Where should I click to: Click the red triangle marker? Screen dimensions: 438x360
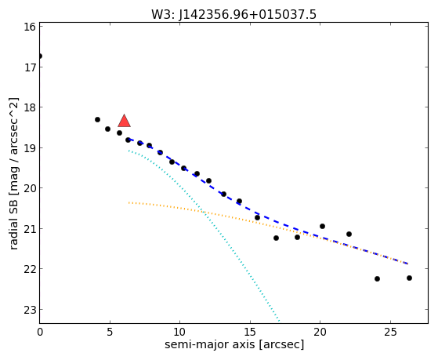point(125,122)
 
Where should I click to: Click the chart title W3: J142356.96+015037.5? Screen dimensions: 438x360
point(233,14)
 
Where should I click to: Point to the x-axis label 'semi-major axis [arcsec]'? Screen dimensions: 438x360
point(234,344)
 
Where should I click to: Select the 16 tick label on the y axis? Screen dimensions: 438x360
point(30,27)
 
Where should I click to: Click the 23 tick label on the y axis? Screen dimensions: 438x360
point(30,310)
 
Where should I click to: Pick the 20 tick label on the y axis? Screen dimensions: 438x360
point(30,188)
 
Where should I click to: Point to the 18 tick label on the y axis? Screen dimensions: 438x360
point(30,107)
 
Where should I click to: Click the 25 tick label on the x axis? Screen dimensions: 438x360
point(390,332)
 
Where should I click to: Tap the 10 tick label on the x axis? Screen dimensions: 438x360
point(179,332)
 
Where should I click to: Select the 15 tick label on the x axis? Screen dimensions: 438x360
point(250,332)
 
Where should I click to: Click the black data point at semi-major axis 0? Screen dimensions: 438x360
point(40,56)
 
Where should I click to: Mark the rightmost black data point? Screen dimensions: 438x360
point(410,278)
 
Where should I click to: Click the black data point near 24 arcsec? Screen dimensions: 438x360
point(377,279)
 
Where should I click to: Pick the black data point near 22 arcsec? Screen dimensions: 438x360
point(349,235)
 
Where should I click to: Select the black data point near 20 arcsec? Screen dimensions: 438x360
point(322,227)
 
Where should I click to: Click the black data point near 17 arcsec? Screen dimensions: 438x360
point(277,238)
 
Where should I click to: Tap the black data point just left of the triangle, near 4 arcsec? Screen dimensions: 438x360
point(97,120)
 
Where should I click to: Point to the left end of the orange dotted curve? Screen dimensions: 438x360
point(129,202)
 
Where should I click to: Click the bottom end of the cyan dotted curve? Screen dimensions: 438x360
point(279,321)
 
